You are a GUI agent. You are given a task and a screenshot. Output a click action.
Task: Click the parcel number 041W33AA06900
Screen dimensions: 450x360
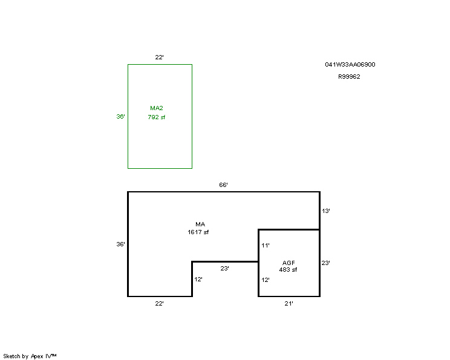click(x=350, y=65)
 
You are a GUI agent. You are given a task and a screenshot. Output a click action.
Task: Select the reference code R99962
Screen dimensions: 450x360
click(x=349, y=77)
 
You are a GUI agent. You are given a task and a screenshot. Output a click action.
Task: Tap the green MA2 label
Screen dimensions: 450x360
click(x=157, y=108)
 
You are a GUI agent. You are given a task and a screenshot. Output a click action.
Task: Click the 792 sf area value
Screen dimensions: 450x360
click(x=157, y=117)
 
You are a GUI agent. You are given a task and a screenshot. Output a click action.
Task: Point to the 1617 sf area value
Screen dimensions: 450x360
click(x=198, y=232)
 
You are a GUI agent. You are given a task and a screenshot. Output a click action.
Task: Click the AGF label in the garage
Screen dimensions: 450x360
click(x=289, y=263)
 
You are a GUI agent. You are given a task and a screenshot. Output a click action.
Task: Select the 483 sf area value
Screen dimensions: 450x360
click(x=288, y=270)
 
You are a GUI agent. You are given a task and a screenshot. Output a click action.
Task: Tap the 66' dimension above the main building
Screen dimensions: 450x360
click(x=223, y=185)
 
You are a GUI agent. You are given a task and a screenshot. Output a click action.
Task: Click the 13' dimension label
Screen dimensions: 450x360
click(x=326, y=211)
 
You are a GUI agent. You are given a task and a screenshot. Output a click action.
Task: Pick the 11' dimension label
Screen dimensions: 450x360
click(x=266, y=246)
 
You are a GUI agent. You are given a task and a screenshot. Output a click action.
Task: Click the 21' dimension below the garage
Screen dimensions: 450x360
click(x=289, y=304)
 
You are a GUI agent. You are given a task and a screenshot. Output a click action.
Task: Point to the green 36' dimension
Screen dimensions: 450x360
click(x=120, y=117)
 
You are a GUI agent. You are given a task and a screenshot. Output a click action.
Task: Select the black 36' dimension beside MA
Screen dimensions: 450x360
click(x=120, y=244)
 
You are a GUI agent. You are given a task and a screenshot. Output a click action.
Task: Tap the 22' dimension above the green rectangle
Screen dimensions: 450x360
click(x=159, y=57)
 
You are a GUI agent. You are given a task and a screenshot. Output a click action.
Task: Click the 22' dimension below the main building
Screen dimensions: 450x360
click(x=159, y=304)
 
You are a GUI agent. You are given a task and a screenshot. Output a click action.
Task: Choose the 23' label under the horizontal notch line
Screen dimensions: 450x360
click(x=224, y=269)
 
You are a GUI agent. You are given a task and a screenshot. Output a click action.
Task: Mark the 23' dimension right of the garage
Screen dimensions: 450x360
click(x=326, y=263)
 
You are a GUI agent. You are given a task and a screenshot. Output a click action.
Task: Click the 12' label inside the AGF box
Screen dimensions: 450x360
click(x=266, y=280)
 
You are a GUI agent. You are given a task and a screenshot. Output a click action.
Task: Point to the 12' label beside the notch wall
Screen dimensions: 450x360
click(x=198, y=280)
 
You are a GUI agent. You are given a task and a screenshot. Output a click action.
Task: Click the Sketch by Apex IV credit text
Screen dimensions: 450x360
click(x=30, y=356)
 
